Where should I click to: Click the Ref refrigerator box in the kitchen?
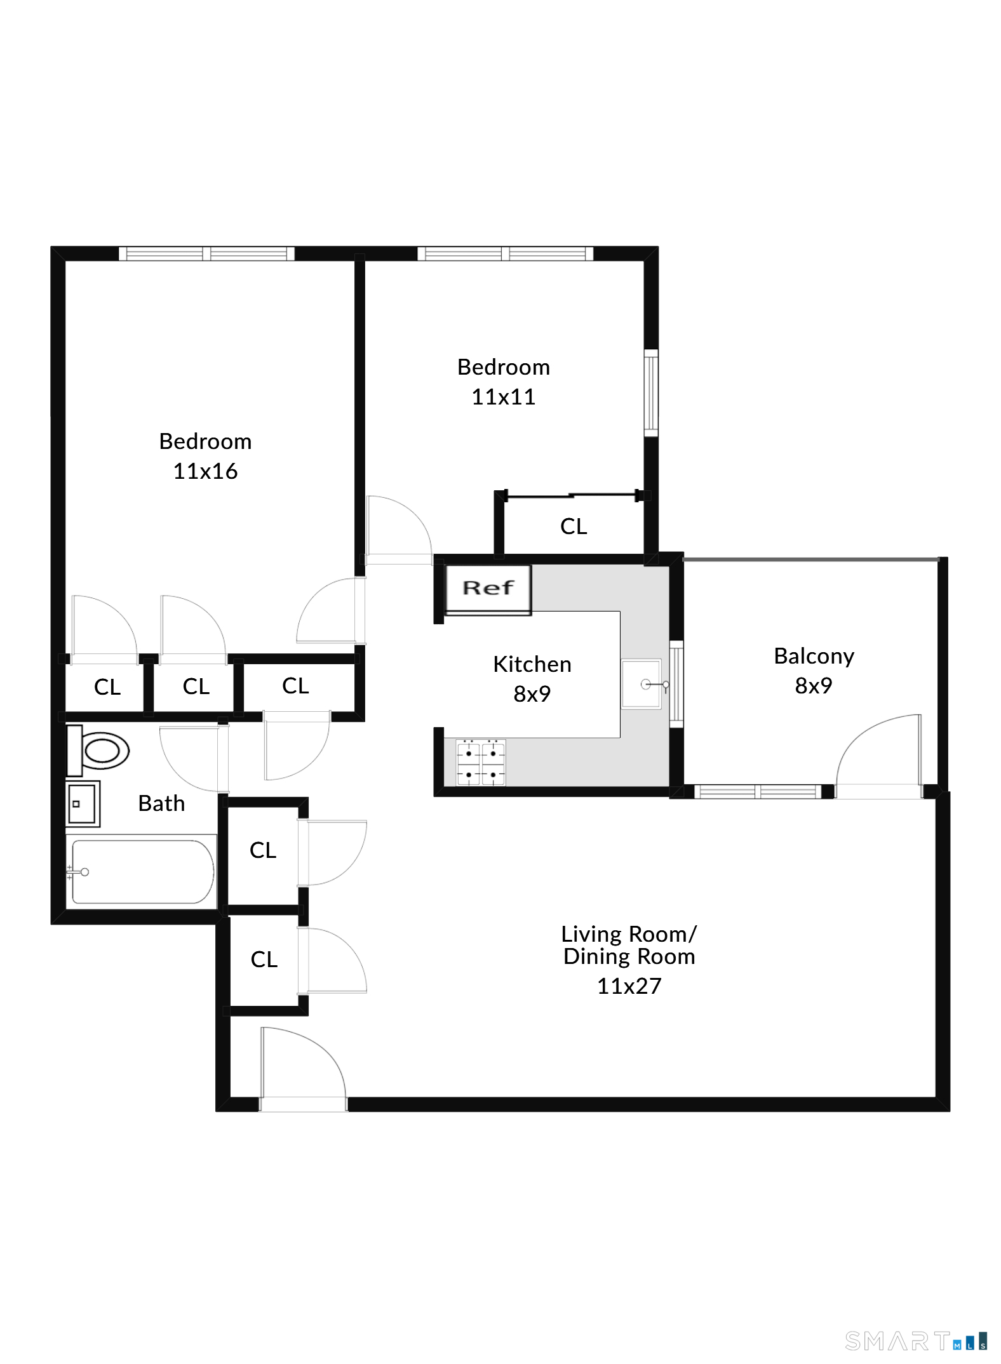(x=488, y=589)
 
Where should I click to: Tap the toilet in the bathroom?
(x=98, y=751)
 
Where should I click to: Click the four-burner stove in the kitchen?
(x=481, y=762)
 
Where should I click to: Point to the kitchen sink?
(x=642, y=684)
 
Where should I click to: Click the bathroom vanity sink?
(x=83, y=804)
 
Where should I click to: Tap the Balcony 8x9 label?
(x=814, y=671)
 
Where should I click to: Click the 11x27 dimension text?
(x=629, y=986)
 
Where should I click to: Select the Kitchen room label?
(x=532, y=664)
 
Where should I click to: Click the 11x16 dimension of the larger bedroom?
(x=205, y=471)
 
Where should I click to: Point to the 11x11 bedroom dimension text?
(x=503, y=397)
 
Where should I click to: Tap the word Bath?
(x=161, y=803)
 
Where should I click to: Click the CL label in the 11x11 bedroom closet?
(x=574, y=526)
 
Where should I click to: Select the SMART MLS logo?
(x=916, y=1341)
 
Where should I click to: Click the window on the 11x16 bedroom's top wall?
(x=206, y=254)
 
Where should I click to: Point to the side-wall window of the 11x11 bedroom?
(x=651, y=393)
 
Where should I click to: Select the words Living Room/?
(x=629, y=934)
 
